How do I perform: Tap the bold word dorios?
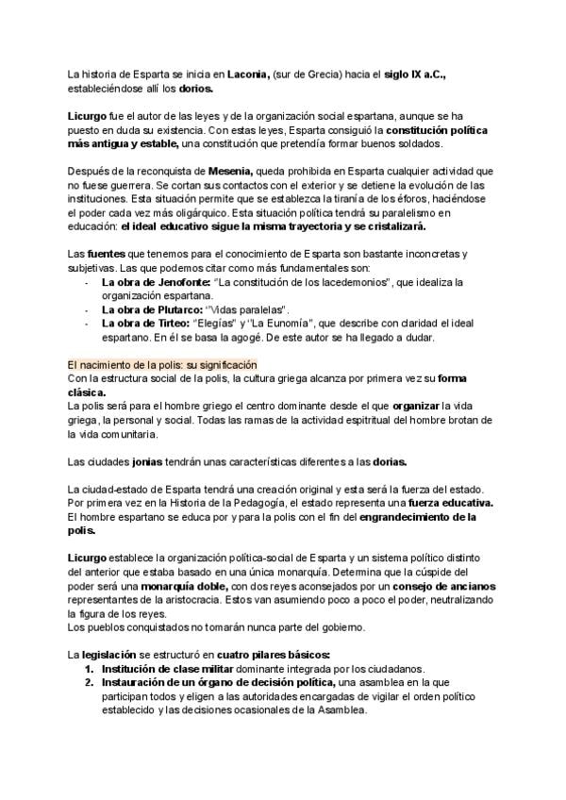(x=195, y=89)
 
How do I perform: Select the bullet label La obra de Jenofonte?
(x=154, y=282)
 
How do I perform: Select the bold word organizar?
(x=421, y=406)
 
